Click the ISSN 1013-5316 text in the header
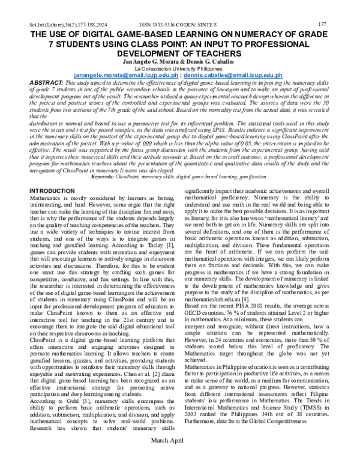tap(157, 24)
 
